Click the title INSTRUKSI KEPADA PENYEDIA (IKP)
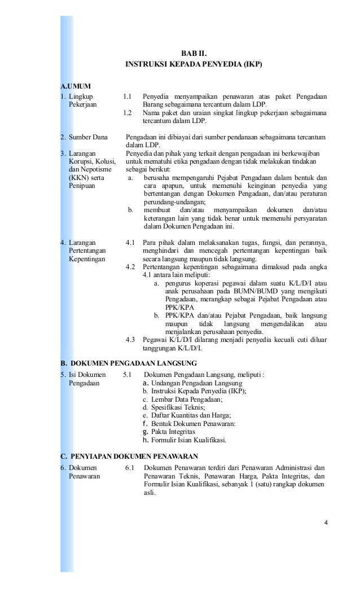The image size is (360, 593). click(194, 64)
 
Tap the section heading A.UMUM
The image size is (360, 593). click(76, 86)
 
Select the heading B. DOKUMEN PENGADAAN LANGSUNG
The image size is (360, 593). click(129, 362)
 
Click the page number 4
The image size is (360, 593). click(326, 529)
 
